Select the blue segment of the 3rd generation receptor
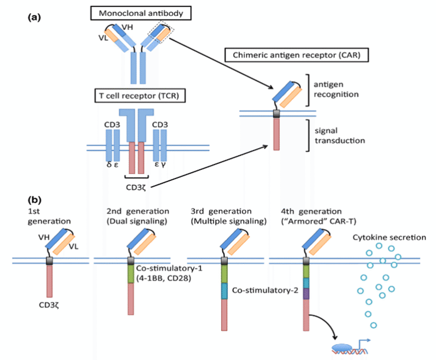tap(225, 291)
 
